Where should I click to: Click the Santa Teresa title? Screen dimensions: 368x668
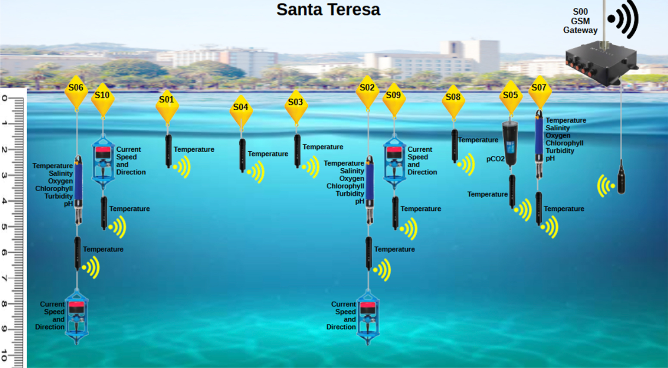click(x=328, y=10)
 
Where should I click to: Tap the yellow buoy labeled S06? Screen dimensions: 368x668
click(x=76, y=91)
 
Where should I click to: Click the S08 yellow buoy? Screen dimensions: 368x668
click(x=453, y=100)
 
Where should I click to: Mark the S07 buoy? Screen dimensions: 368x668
click(x=539, y=91)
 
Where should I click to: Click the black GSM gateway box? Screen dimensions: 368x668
click(x=601, y=62)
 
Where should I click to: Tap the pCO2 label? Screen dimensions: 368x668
click(x=495, y=159)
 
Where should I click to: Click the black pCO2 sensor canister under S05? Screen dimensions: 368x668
click(x=510, y=142)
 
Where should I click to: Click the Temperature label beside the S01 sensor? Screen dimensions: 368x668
click(x=194, y=150)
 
